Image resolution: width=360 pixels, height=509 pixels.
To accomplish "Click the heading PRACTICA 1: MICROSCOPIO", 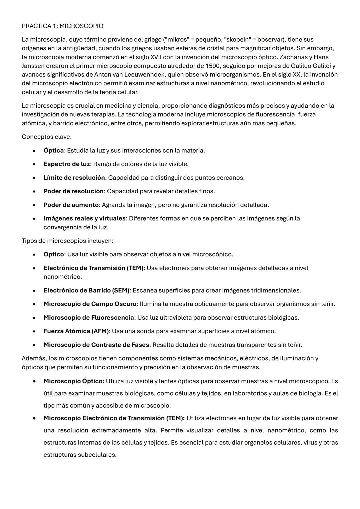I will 62,26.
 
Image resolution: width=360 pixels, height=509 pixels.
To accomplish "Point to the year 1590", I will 213,66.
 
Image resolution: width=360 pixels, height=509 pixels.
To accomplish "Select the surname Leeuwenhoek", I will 146,74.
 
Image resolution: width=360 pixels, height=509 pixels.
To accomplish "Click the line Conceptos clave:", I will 47,137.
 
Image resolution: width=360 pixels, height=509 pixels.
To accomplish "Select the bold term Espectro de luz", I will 67,164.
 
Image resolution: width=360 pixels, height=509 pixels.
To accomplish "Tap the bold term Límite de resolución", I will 74,178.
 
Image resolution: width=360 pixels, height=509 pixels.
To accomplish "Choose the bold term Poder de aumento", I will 71,205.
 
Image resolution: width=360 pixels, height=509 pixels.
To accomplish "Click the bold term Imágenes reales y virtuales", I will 85,218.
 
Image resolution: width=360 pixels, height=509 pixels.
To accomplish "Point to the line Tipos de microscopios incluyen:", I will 67,241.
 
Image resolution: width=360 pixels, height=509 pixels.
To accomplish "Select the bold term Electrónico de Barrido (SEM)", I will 86,290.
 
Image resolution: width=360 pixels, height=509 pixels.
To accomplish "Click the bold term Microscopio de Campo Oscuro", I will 90,304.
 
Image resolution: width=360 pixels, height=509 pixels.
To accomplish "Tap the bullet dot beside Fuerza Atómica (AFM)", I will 34,331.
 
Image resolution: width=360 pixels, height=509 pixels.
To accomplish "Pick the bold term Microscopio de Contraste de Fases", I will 96,345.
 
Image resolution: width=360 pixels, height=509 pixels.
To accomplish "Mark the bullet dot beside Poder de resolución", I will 34,191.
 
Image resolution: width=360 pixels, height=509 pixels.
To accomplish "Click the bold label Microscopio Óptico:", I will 74,381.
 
